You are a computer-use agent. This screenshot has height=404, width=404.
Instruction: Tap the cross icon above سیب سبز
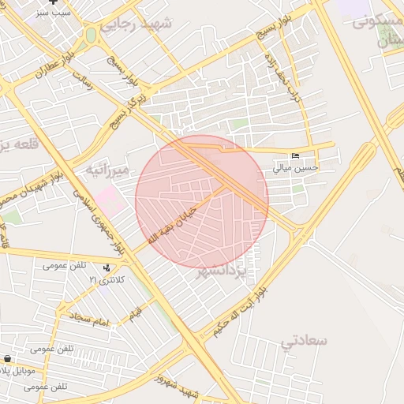click(54, 2)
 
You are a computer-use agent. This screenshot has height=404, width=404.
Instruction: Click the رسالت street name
click(84, 78)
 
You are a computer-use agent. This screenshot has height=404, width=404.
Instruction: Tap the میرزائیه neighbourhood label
click(107, 168)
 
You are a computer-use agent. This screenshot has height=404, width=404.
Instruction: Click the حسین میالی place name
click(296, 167)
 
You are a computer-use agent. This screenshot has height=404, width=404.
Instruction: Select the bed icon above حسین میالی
click(296, 155)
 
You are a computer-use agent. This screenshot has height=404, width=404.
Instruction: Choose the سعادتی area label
click(303, 340)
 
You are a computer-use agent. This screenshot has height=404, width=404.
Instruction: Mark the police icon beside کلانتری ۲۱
click(107, 268)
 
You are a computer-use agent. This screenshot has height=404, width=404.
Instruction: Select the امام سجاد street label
click(88, 319)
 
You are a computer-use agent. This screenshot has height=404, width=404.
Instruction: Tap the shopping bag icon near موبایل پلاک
click(6, 358)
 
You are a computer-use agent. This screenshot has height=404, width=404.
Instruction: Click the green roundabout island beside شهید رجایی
click(92, 36)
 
